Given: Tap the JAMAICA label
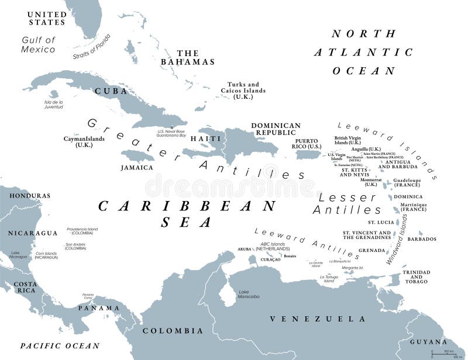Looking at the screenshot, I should (137, 168).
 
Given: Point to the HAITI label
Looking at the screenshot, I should (206, 139).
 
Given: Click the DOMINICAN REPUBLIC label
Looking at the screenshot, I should (276, 129).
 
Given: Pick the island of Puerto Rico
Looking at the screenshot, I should (309, 154).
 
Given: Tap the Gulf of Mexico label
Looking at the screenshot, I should (39, 44).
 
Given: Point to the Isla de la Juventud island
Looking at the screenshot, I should (54, 94).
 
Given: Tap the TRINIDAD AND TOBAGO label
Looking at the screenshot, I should (417, 276).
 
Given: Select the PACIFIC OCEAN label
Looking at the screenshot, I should (60, 345).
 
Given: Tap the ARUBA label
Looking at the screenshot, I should (244, 250).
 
